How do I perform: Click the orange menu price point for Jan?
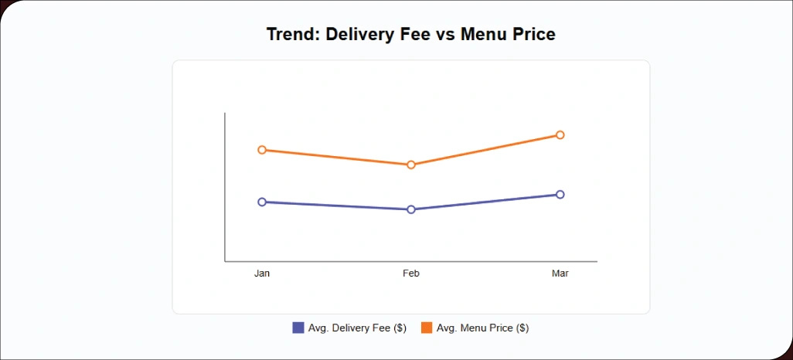click(x=262, y=150)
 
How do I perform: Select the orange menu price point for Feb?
click(x=411, y=165)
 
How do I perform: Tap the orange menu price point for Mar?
click(x=560, y=135)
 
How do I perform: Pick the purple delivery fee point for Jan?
click(x=262, y=202)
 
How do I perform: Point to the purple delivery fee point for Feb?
click(x=411, y=209)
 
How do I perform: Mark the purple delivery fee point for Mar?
click(x=560, y=195)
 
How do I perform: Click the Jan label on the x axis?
click(x=262, y=273)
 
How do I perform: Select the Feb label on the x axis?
click(x=411, y=273)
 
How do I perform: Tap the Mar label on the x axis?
click(x=560, y=273)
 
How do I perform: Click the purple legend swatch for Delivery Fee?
click(x=298, y=328)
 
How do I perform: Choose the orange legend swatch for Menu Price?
click(x=427, y=328)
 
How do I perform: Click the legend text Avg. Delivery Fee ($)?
click(x=357, y=328)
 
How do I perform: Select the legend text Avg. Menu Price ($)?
click(x=482, y=328)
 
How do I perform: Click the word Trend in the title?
click(x=291, y=35)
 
